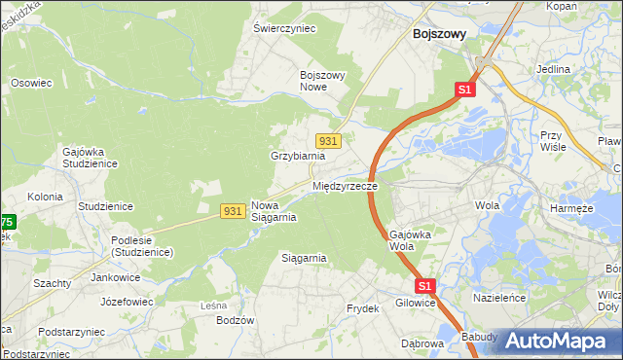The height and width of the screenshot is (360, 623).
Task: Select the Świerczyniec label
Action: point(284,29)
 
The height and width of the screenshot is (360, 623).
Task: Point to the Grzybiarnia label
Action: point(297,156)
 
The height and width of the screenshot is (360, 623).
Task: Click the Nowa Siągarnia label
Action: point(274,211)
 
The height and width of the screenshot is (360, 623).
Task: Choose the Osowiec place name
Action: point(30,84)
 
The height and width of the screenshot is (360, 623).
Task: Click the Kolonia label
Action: point(45,197)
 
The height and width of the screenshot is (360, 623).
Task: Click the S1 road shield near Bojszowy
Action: point(464,90)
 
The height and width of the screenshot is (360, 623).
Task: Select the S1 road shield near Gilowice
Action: point(424,286)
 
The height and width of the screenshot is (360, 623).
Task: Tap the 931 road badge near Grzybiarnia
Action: point(328,141)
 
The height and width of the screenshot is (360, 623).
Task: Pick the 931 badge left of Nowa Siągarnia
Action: point(231,210)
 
